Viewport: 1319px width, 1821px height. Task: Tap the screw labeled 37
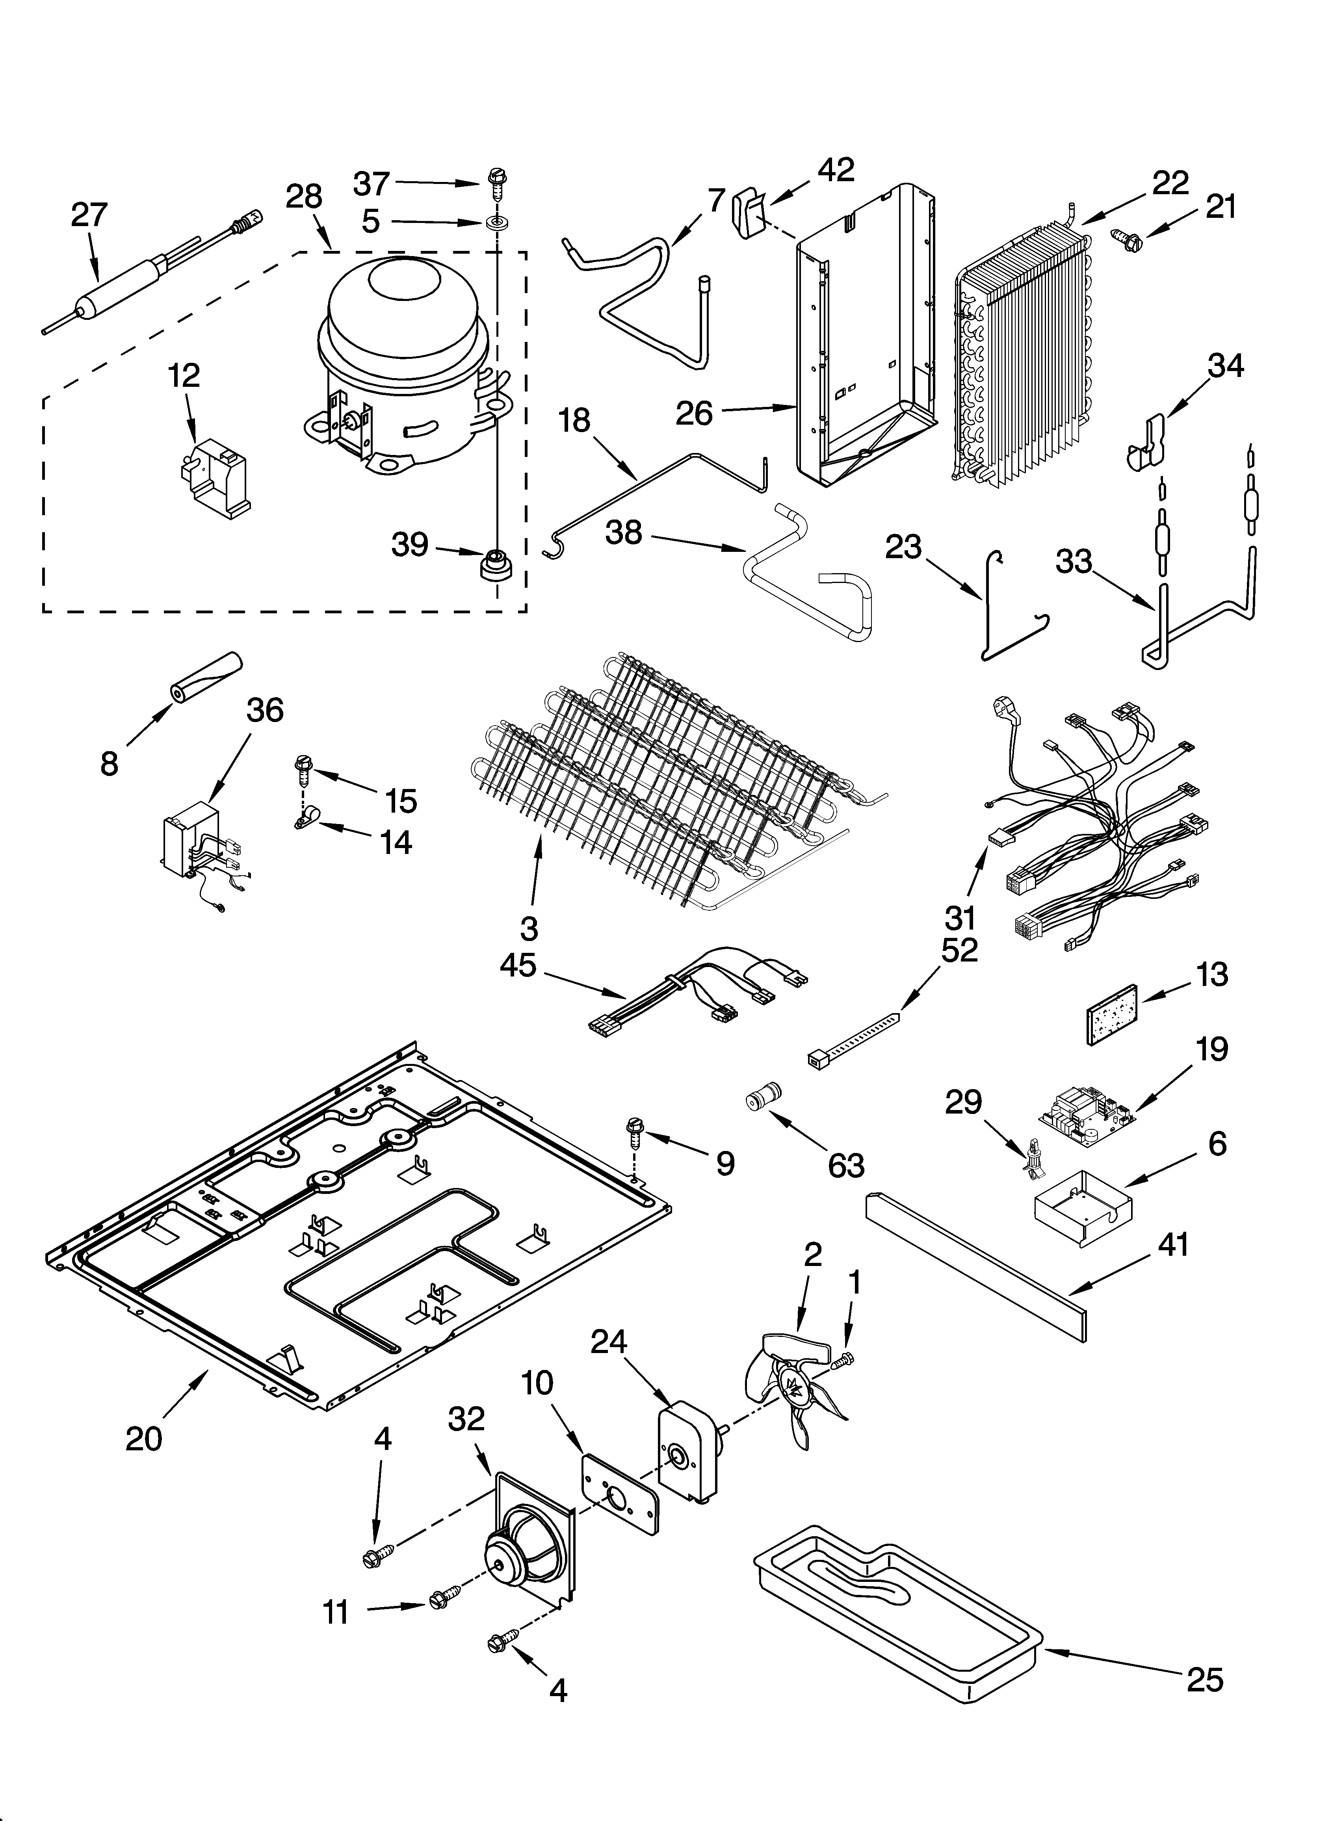pyautogui.click(x=494, y=185)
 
